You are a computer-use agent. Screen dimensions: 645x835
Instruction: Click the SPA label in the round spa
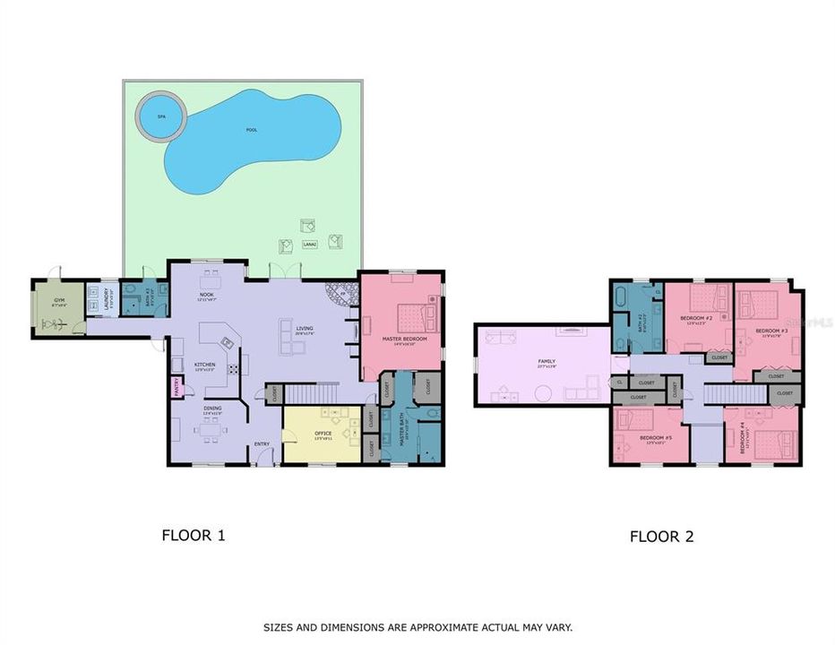[x=161, y=117]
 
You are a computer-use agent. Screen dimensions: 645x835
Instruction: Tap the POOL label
[x=252, y=130]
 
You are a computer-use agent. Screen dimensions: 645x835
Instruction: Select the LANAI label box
[x=311, y=243]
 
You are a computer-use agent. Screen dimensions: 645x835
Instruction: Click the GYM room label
[x=59, y=301]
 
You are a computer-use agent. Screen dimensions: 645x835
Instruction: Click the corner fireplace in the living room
[x=341, y=294]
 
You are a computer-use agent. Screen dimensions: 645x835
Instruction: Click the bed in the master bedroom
[x=417, y=316]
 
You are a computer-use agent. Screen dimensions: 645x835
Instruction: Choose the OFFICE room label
[x=323, y=435]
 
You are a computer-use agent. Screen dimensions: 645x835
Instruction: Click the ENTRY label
[x=262, y=443]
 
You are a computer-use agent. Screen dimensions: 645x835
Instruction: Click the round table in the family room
[x=542, y=392]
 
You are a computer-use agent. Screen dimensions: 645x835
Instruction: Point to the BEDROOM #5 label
[x=649, y=439]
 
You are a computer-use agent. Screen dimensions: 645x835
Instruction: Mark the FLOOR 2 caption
[x=661, y=537]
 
